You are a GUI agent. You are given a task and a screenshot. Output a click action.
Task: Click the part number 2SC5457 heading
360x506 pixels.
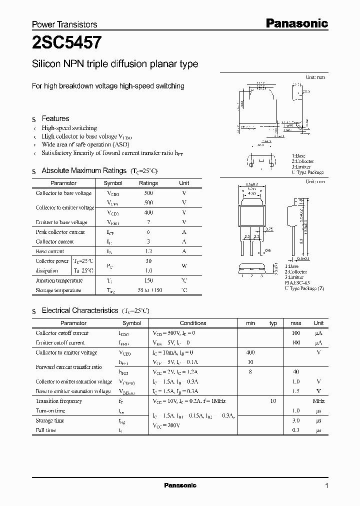pyautogui.click(x=67, y=43)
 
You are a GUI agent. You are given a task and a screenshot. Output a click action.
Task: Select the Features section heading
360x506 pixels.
pyautogui.click(x=55, y=118)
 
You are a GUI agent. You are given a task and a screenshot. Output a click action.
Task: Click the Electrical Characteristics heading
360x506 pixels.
pyautogui.click(x=79, y=310)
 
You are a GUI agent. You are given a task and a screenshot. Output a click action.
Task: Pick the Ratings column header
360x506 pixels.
pyautogui.click(x=148, y=183)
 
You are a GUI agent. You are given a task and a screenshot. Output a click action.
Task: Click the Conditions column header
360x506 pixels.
pyautogui.click(x=192, y=323)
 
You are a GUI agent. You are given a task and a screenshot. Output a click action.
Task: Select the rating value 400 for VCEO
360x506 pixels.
pyautogui.click(x=148, y=212)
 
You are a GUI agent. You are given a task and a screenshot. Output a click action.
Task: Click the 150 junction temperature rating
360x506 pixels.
pyautogui.click(x=148, y=280)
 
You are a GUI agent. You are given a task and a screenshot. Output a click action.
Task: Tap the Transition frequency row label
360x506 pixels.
pyautogui.click(x=58, y=401)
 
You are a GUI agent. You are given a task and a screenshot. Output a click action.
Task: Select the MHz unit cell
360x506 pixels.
pyautogui.click(x=318, y=401)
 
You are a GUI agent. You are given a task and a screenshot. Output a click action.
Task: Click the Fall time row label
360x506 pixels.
pyautogui.click(x=45, y=430)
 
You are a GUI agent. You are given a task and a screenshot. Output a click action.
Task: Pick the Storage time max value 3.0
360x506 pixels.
pyautogui.click(x=295, y=420)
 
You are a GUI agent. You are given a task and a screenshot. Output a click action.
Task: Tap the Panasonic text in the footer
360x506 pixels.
pyautogui.click(x=180, y=485)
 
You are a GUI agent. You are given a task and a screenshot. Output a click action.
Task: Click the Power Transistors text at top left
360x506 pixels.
pyautogui.click(x=64, y=24)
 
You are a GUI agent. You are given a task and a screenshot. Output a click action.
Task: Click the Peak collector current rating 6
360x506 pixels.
pyautogui.click(x=148, y=232)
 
